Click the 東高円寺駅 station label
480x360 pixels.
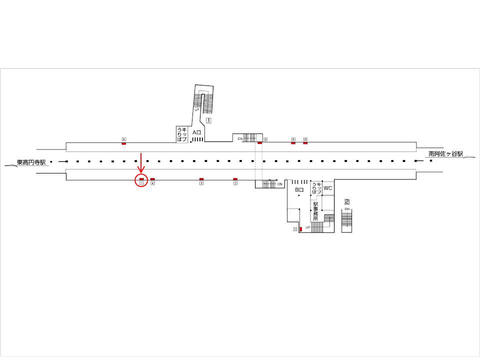(x=31, y=162)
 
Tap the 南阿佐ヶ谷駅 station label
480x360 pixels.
(x=446, y=154)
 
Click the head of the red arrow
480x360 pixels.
(x=141, y=172)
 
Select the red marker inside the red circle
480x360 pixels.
(x=141, y=178)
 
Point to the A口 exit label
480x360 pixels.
(x=196, y=132)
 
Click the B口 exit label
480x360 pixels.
(x=299, y=190)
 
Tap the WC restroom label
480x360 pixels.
(x=328, y=188)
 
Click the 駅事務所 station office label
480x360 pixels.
(x=315, y=211)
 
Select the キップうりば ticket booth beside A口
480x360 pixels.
(x=182, y=134)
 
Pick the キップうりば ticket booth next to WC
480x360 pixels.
(x=315, y=188)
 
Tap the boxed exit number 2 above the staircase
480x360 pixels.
(x=346, y=202)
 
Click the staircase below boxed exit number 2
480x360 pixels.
(x=347, y=220)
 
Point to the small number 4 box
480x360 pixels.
(x=152, y=183)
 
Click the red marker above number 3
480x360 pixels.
(x=201, y=178)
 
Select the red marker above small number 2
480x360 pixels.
(x=235, y=178)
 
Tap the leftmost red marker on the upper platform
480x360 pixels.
(x=123, y=143)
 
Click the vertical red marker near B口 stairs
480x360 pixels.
(x=300, y=229)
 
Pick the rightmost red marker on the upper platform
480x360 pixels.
(x=305, y=143)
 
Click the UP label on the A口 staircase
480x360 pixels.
(x=196, y=109)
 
